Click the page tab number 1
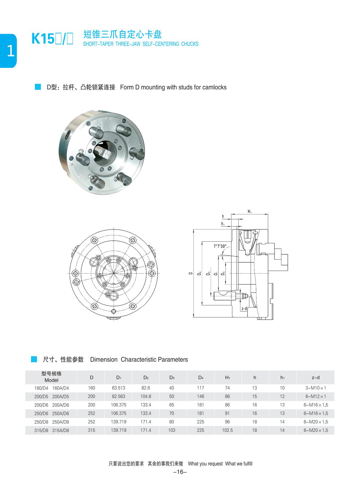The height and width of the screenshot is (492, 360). (10, 51)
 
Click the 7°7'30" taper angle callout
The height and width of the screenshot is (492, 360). (220, 246)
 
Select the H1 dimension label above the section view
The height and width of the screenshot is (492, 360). (249, 212)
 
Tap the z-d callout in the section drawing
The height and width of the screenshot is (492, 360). (244, 309)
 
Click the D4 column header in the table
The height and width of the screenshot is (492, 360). (200, 377)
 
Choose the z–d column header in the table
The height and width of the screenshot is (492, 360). (315, 377)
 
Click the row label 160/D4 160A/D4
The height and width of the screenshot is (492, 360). (51, 388)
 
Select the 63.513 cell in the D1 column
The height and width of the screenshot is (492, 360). (118, 388)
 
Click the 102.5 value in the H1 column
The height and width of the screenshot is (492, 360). (227, 430)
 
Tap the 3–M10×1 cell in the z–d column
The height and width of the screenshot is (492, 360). (315, 388)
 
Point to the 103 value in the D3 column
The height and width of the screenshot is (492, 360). (171, 430)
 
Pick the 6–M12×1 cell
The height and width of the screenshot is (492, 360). (315, 397)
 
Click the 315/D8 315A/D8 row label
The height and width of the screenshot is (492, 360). (51, 431)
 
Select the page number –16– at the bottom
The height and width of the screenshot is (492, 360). (180, 472)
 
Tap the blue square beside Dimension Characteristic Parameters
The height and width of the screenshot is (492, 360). (34, 359)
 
